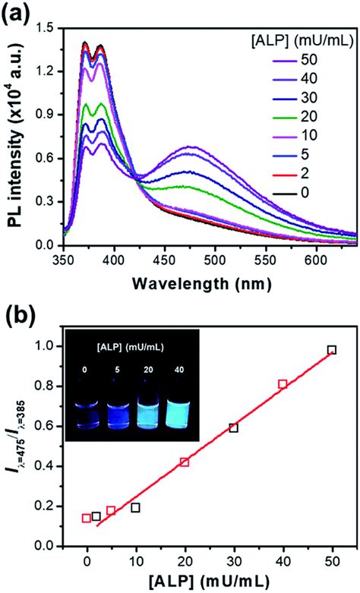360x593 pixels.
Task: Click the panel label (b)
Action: point(17,313)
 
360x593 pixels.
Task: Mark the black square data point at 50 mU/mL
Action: point(331,371)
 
